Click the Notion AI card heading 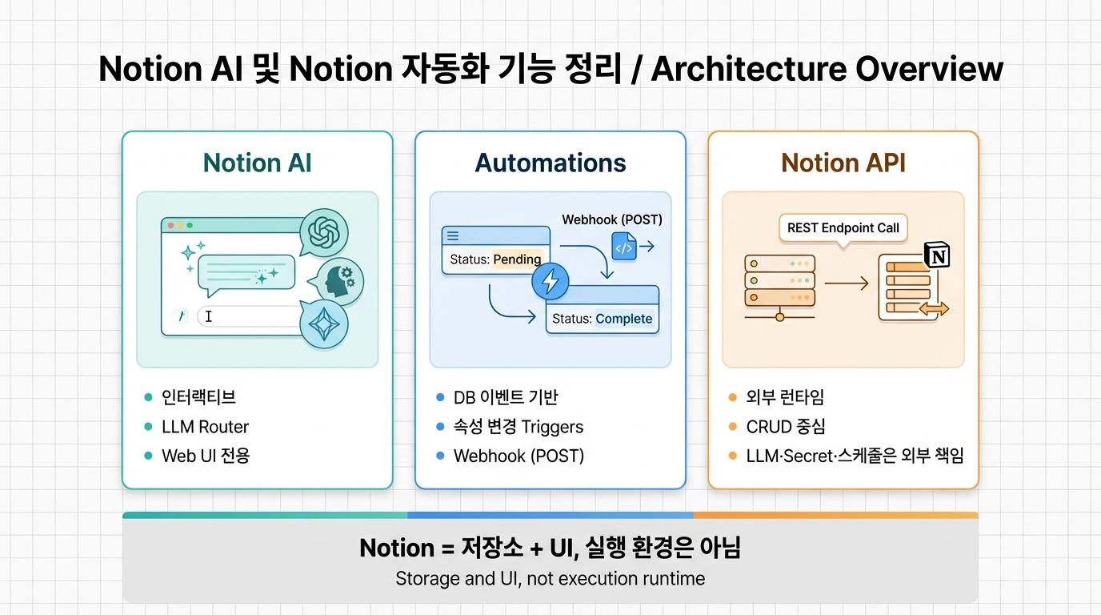(257, 163)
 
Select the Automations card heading (550, 163)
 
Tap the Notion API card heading (843, 163)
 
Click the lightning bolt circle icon (550, 281)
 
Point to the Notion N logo (936, 255)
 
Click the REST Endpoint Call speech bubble (843, 227)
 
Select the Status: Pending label (495, 259)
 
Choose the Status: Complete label (602, 319)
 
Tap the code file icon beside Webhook (623, 247)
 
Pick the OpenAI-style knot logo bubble (324, 233)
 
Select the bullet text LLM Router (205, 427)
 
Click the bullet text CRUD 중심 (787, 427)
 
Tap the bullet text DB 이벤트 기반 (506, 397)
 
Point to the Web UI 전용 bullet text (206, 456)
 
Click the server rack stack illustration (779, 282)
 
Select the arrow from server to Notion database (846, 283)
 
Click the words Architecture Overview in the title (827, 69)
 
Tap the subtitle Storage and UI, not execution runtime (550, 578)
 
